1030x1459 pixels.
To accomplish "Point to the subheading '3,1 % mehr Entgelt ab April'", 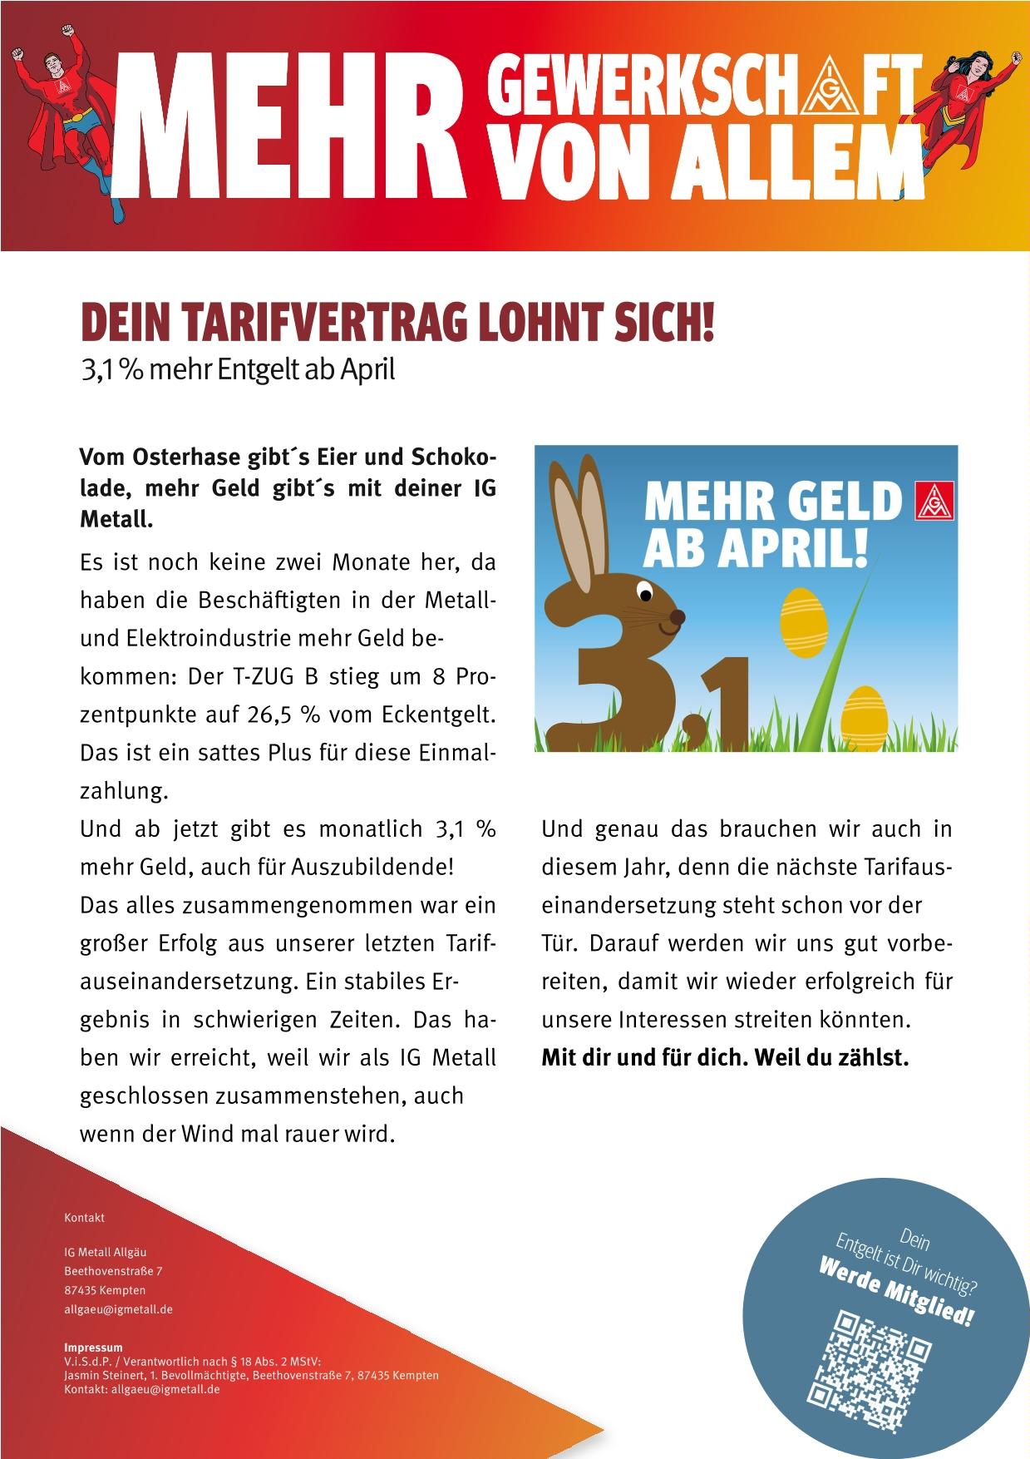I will tap(237, 368).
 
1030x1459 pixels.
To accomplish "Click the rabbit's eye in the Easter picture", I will tap(645, 592).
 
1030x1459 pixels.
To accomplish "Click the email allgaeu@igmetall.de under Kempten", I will tap(118, 1308).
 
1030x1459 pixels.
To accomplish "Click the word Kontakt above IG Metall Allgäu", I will tap(84, 1217).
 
